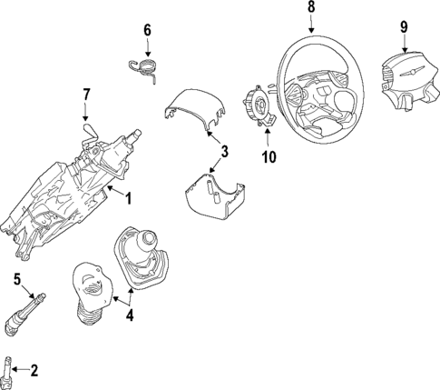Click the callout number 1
point(128,198)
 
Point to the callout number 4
point(129,315)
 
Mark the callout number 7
point(86,94)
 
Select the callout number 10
point(269,157)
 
